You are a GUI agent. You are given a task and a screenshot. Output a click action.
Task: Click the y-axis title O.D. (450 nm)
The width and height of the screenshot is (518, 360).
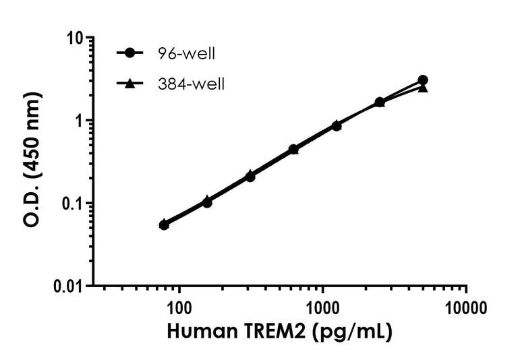[32, 162]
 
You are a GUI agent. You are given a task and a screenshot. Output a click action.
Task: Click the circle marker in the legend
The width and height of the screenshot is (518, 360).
[129, 53]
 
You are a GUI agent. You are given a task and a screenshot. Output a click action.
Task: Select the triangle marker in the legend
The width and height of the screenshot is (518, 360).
[129, 84]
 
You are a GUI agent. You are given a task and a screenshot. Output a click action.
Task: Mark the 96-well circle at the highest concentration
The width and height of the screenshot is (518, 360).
[423, 80]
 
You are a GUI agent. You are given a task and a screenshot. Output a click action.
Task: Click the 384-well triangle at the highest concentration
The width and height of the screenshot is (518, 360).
[423, 88]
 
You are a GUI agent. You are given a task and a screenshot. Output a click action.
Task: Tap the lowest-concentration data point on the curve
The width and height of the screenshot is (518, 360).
[164, 224]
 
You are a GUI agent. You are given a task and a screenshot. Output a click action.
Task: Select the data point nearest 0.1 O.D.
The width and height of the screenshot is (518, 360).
[207, 202]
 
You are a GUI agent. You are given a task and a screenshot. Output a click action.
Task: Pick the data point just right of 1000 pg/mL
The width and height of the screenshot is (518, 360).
[337, 125]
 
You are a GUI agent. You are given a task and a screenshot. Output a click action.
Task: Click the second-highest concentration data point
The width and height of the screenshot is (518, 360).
[380, 102]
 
